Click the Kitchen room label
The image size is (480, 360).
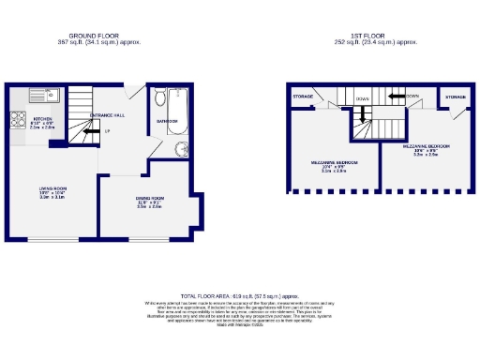pyautogui.click(x=42, y=120)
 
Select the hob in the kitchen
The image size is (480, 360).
pyautogui.click(x=17, y=118)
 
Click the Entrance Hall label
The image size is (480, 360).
pyautogui.click(x=108, y=114)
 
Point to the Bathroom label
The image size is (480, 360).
pyautogui.click(x=167, y=121)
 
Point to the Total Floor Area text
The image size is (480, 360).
pyautogui.click(x=240, y=295)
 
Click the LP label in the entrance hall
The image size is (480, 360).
pyautogui.click(x=108, y=131)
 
